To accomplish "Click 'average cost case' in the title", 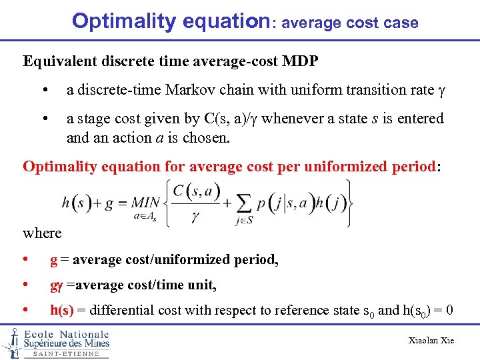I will [350, 23].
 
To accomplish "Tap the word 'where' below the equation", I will [42, 233].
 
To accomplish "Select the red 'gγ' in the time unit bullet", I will [56, 286].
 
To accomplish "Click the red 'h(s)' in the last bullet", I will [63, 310].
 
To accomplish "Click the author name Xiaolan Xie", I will [431, 341].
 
